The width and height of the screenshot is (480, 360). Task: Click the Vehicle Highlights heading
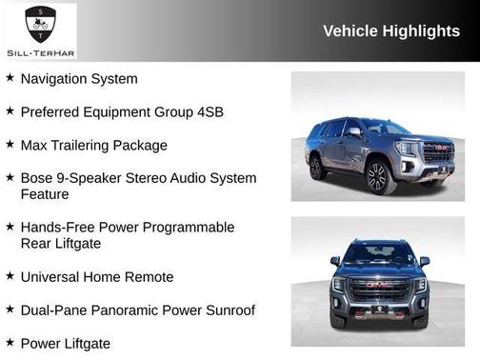click(x=391, y=30)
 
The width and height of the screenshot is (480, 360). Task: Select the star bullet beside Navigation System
click(x=10, y=77)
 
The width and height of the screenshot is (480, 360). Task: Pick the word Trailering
click(x=89, y=146)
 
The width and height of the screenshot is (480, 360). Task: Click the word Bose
click(x=38, y=178)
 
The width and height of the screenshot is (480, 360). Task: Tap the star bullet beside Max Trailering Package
click(x=10, y=144)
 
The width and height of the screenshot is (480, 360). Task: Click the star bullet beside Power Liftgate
click(x=10, y=341)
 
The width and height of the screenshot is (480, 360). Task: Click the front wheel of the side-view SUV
click(x=376, y=176)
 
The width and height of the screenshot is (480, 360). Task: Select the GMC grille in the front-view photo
click(x=379, y=287)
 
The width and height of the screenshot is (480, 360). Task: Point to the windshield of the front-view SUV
click(x=379, y=253)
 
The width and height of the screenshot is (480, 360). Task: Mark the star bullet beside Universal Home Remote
click(x=10, y=275)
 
